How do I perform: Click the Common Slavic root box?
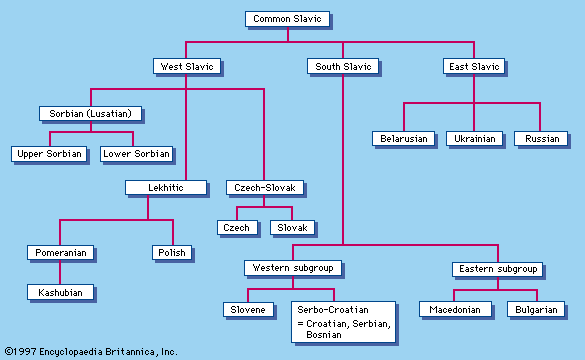click(x=287, y=19)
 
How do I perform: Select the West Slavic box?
click(x=187, y=66)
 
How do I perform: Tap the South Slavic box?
click(x=343, y=66)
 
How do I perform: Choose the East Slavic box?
click(x=474, y=66)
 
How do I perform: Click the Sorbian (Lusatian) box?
click(x=91, y=113)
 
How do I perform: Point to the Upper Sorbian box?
click(x=49, y=154)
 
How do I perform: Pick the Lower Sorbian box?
click(x=136, y=154)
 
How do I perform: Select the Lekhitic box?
click(x=166, y=187)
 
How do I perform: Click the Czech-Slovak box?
click(x=265, y=187)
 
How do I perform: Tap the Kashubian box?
click(x=60, y=292)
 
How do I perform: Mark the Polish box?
click(x=172, y=253)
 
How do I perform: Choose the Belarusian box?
click(x=404, y=138)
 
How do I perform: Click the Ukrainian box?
click(x=475, y=138)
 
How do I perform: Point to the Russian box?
click(x=541, y=138)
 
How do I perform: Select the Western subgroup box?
click(x=293, y=268)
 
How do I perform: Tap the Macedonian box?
click(x=455, y=309)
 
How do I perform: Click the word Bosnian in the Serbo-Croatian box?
click(x=324, y=335)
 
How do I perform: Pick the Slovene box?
click(x=248, y=309)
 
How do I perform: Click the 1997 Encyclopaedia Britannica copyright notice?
click(x=91, y=351)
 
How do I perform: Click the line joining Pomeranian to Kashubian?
click(x=60, y=272)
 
